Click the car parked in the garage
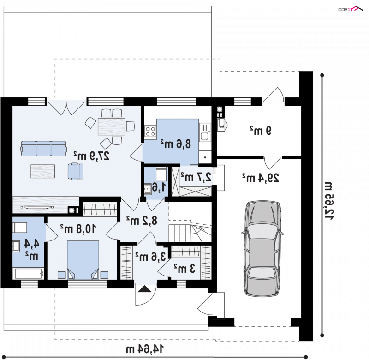(x=262, y=248)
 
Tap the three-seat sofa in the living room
(x=43, y=148)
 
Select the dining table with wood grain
(x=111, y=126)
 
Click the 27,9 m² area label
(x=91, y=156)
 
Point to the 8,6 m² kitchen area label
(x=176, y=144)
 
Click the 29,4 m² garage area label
(x=261, y=178)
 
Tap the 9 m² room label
(x=261, y=130)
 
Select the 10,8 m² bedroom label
(x=78, y=228)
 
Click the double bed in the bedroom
(x=83, y=260)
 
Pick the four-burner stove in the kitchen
(x=150, y=131)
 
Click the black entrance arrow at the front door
(x=144, y=289)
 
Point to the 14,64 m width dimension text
(x=145, y=349)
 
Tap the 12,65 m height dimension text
(x=329, y=201)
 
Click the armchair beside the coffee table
(x=76, y=171)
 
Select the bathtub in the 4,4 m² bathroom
(x=29, y=274)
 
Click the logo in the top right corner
(x=351, y=9)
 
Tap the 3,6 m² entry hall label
(x=150, y=257)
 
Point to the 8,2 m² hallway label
(x=142, y=220)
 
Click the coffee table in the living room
(x=43, y=171)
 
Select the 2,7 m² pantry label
(x=196, y=177)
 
